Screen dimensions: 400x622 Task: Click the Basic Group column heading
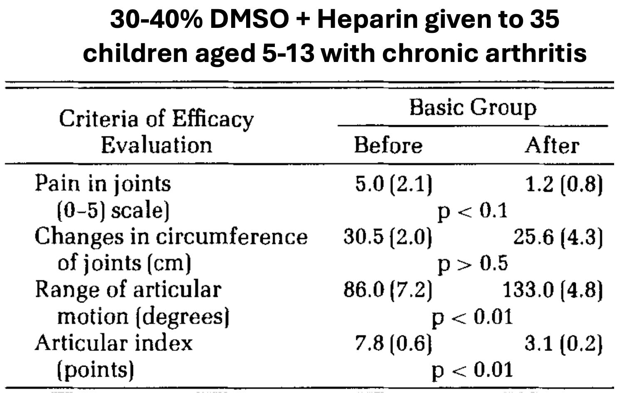pos(473,108)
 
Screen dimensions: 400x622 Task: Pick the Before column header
pos(388,146)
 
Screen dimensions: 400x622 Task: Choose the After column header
pos(552,146)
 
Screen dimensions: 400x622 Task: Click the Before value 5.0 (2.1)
pos(393,184)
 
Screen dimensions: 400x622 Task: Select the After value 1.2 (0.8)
pos(564,184)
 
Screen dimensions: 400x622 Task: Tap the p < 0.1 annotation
pos(473,210)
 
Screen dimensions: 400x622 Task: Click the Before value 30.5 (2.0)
pos(388,237)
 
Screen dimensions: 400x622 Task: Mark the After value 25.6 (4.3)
pos(558,237)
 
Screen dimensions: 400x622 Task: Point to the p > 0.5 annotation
pos(473,264)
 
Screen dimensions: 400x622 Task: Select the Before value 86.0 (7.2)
pos(388,290)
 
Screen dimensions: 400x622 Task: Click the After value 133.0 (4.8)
pos(553,290)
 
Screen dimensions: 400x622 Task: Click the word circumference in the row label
pos(232,237)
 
